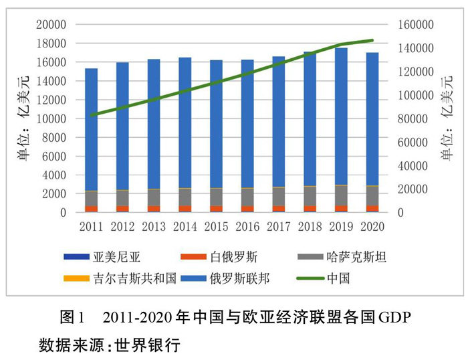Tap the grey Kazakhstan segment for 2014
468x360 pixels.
[185, 197]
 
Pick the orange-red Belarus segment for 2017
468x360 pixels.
[279, 209]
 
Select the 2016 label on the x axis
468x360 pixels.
[247, 226]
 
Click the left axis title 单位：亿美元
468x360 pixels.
[23, 118]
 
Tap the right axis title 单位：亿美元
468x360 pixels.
[446, 118]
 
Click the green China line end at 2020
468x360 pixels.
[372, 40]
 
